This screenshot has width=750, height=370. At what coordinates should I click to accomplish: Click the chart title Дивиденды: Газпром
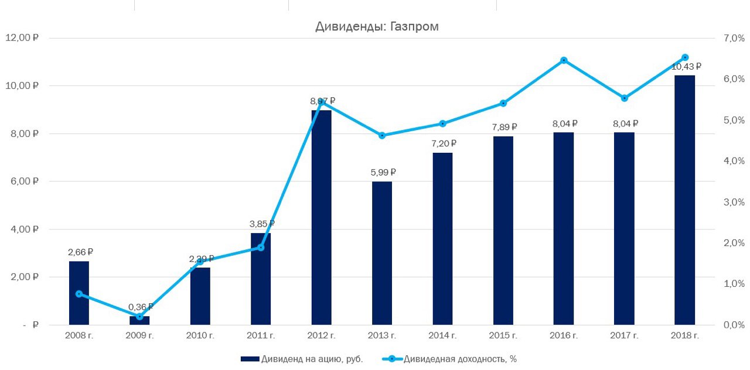coord(377,26)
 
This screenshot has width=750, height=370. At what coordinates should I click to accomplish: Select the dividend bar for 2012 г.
coord(321,217)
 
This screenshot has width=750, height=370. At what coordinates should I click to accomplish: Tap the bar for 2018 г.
coord(684,199)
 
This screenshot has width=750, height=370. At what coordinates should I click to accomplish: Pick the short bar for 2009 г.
coord(139,321)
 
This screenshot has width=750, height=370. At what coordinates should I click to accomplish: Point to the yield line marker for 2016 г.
coord(564,60)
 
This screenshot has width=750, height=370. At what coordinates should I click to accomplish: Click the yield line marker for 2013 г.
coord(382,135)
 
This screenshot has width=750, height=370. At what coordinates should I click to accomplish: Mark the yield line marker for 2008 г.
coord(79,294)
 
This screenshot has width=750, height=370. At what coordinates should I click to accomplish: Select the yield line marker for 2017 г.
coord(624,98)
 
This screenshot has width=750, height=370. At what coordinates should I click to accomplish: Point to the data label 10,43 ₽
coord(686,67)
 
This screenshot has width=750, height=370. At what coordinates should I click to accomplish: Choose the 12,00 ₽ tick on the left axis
coord(22,38)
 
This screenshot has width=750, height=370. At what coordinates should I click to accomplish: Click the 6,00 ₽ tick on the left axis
coord(22,181)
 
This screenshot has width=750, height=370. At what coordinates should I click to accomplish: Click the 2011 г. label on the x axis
coord(261,335)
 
